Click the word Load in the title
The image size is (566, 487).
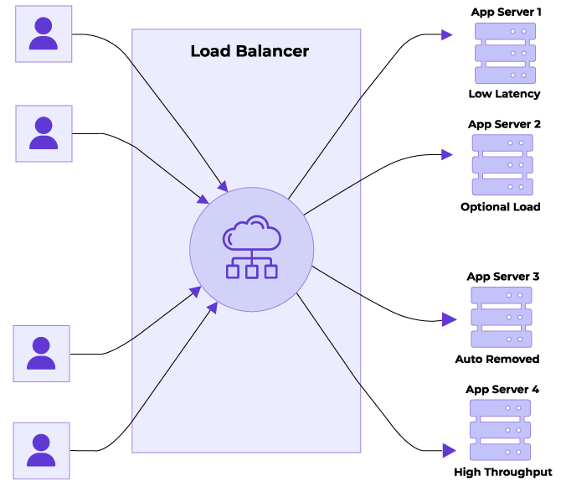point(209,51)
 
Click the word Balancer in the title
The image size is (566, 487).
point(270,51)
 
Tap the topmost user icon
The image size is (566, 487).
point(44,34)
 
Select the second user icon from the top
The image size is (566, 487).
point(44,133)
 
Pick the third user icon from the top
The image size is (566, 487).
point(41,354)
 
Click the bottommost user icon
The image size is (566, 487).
point(41,450)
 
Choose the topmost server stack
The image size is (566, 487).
point(505,53)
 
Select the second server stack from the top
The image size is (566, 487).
point(502,165)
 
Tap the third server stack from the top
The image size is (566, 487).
point(502,317)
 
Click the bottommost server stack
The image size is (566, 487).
point(500,430)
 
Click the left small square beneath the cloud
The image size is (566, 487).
point(233,272)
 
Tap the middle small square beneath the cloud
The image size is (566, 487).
point(252,272)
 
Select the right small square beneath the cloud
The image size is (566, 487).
point(271,272)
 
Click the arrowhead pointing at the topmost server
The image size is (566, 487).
point(447,35)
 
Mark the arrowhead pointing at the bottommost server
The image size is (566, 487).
point(449,450)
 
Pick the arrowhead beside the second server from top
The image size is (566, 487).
point(447,154)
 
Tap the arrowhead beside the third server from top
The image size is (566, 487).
point(449,319)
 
